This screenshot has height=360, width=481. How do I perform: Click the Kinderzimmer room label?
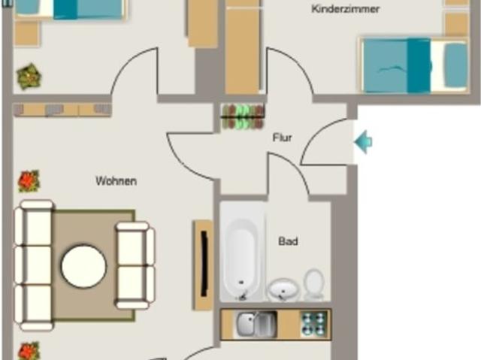click(x=346, y=9)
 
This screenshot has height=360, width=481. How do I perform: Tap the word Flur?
click(x=283, y=138)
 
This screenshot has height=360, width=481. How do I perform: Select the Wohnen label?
click(x=116, y=181)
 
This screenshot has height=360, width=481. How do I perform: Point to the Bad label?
click(x=288, y=241)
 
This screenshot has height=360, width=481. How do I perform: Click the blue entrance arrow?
click(x=363, y=141)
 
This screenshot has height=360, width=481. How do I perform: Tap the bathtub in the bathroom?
click(x=242, y=259)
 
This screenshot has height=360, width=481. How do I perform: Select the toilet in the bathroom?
click(x=314, y=284)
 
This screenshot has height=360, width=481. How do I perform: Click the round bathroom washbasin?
click(x=284, y=290)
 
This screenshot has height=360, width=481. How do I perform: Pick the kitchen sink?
click(x=256, y=325)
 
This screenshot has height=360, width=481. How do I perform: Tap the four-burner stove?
click(x=314, y=324)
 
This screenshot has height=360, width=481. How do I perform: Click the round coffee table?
click(x=83, y=266)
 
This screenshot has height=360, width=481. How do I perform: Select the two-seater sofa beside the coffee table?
click(x=135, y=265)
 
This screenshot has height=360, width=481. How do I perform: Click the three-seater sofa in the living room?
click(x=34, y=265)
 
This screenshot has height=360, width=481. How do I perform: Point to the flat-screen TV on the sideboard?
click(x=204, y=265)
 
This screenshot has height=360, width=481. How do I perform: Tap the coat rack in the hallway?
click(x=243, y=116)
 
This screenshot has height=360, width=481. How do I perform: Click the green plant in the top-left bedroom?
click(x=29, y=77)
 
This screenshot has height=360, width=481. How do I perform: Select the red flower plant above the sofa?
click(x=29, y=181)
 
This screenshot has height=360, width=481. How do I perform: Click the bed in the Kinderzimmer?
click(x=414, y=65)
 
